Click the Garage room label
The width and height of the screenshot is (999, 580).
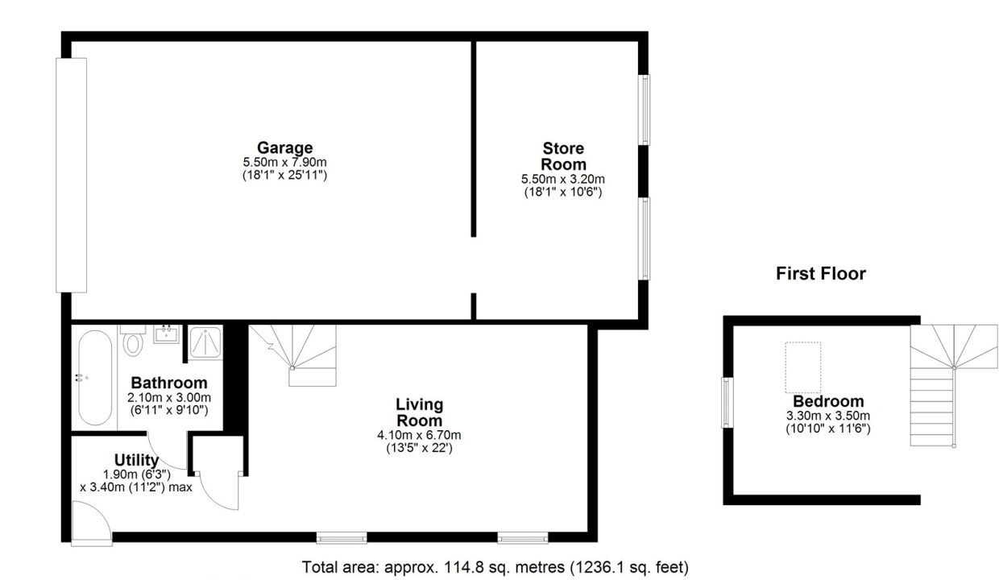pyautogui.click(x=285, y=147)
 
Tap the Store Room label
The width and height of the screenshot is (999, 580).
pyautogui.click(x=563, y=156)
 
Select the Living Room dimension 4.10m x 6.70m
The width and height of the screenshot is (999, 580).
pyautogui.click(x=419, y=435)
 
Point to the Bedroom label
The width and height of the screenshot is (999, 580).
pyautogui.click(x=828, y=401)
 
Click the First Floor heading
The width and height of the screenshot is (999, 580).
pyautogui.click(x=821, y=273)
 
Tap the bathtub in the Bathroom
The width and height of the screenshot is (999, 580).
pyautogui.click(x=95, y=378)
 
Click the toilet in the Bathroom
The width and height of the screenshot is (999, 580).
pyautogui.click(x=132, y=340)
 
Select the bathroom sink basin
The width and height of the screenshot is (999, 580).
pyautogui.click(x=166, y=334)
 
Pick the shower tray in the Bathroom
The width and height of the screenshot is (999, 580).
pyautogui.click(x=205, y=342)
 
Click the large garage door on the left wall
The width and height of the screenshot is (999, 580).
pyautogui.click(x=72, y=175)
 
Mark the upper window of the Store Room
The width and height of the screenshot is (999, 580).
pyautogui.click(x=644, y=110)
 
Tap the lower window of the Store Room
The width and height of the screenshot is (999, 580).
pyautogui.click(x=644, y=238)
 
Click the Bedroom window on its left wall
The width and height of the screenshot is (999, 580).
pyautogui.click(x=727, y=403)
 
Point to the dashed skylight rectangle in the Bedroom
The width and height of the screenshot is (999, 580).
pyautogui.click(x=802, y=368)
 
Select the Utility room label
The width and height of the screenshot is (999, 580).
pyautogui.click(x=136, y=460)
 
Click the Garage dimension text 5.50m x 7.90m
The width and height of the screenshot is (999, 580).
pyautogui.click(x=284, y=162)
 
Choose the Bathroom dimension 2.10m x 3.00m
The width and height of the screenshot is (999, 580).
pyautogui.click(x=169, y=397)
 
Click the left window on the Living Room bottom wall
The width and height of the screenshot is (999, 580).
pyautogui.click(x=342, y=538)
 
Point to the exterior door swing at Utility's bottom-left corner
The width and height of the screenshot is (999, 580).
pyautogui.click(x=91, y=523)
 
